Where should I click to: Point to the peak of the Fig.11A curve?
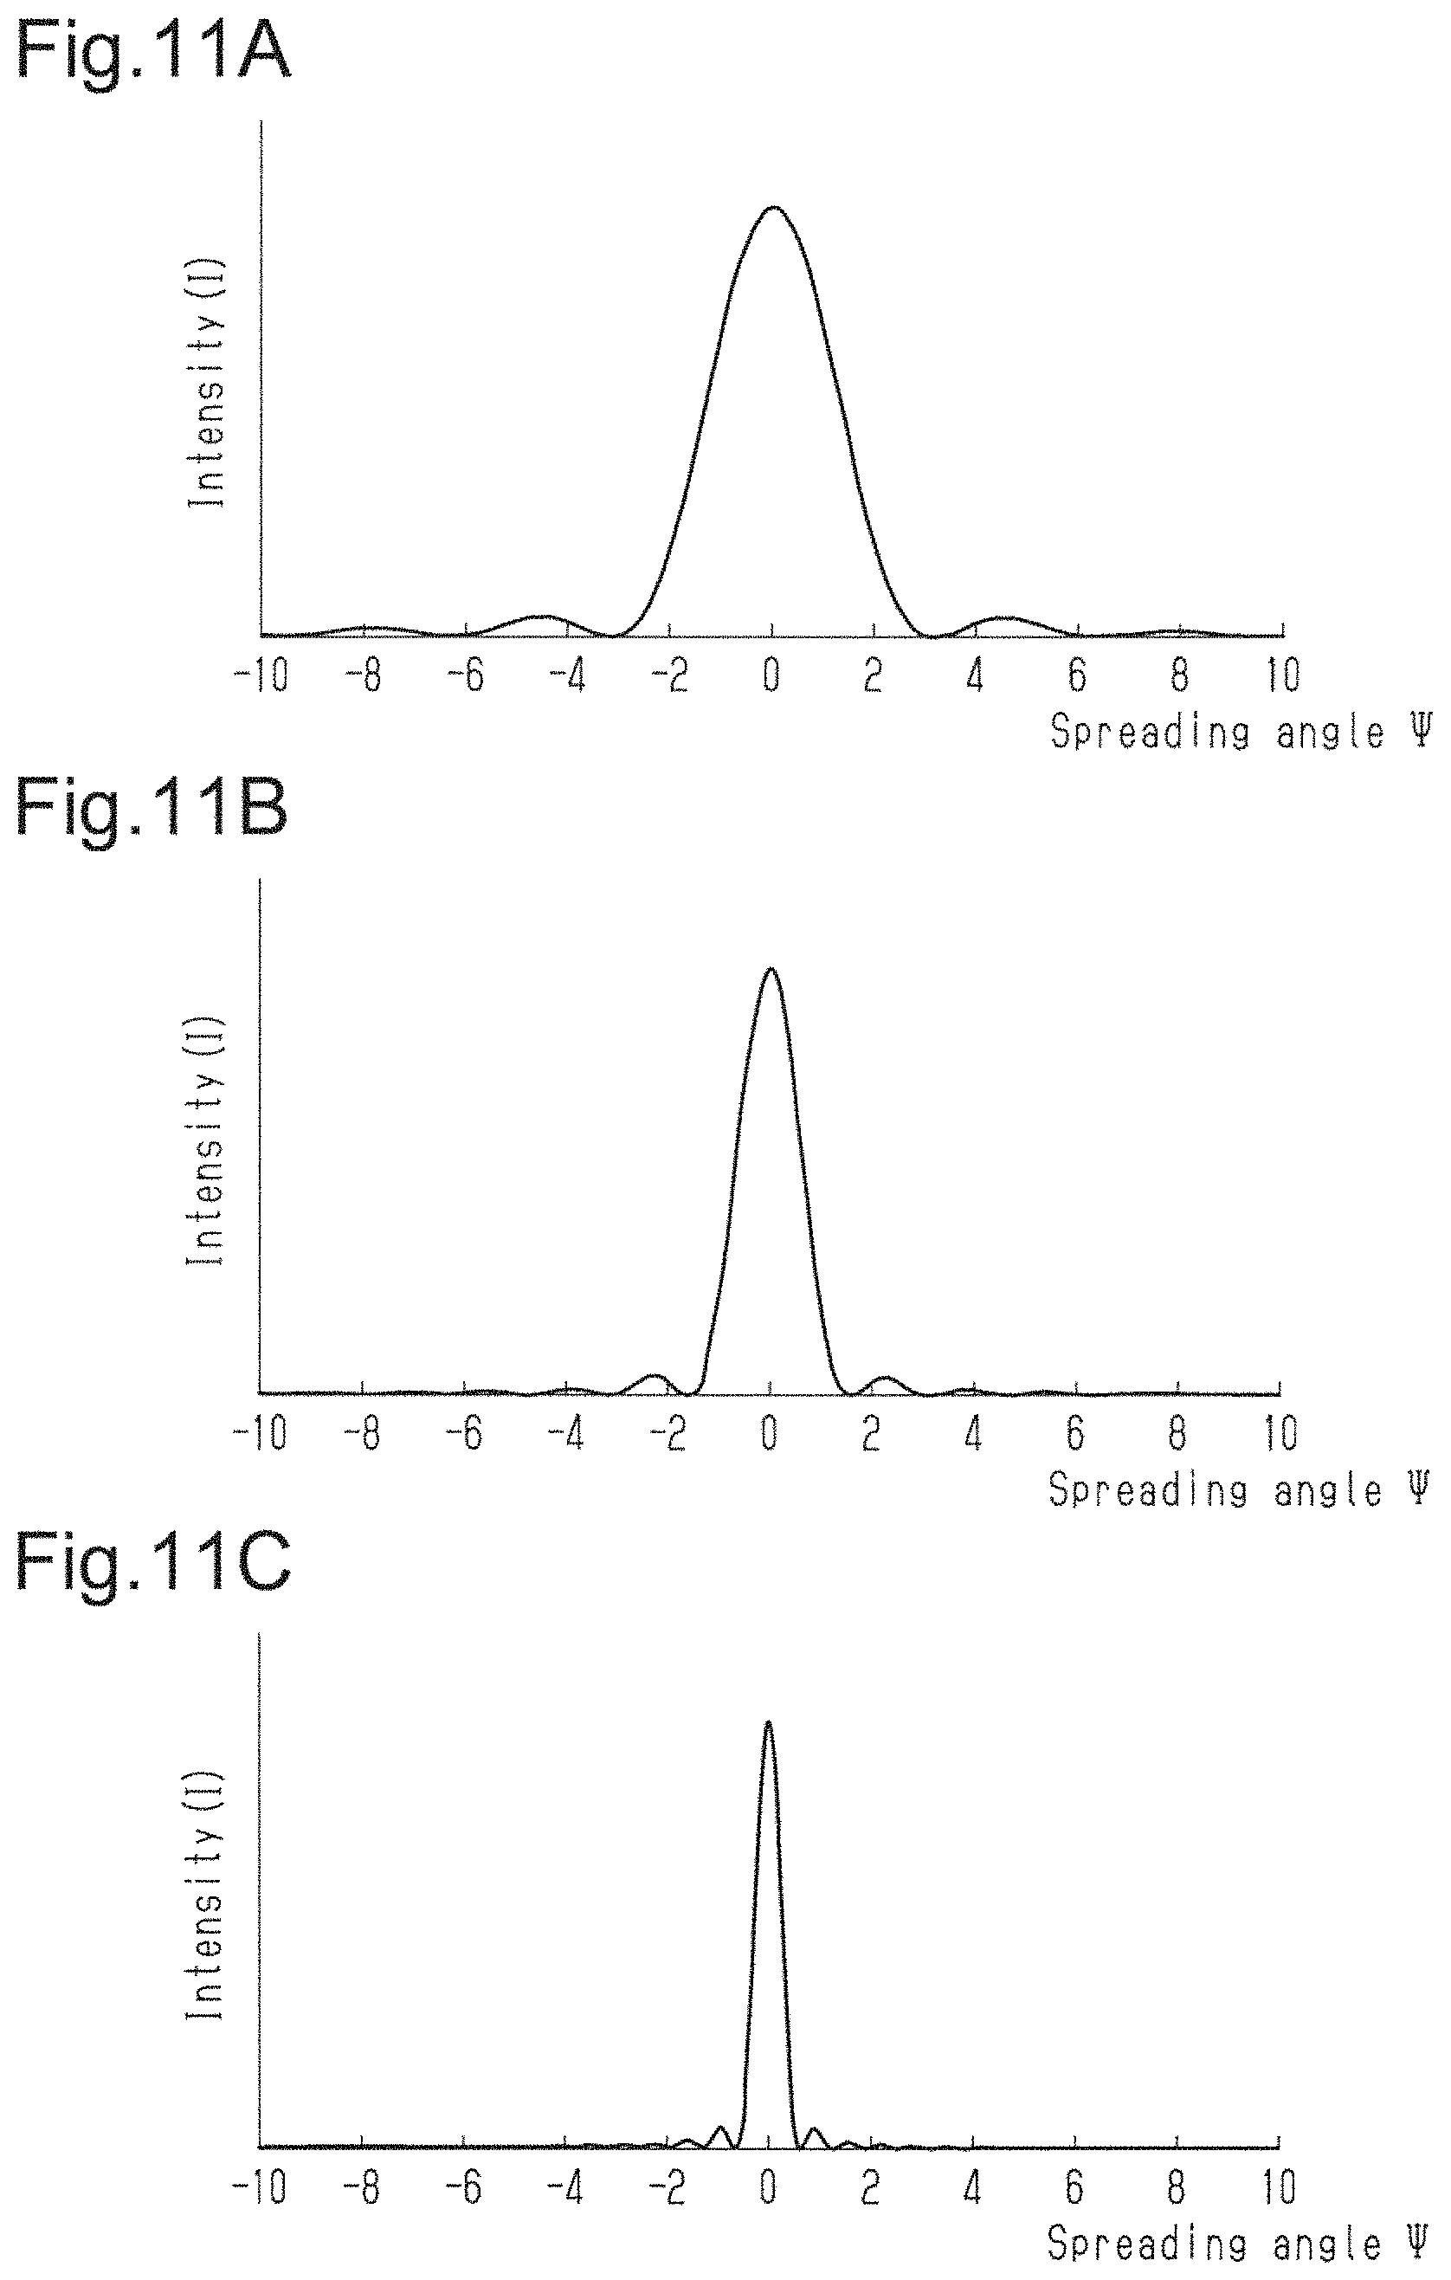(x=773, y=206)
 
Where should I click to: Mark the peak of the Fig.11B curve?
(x=771, y=969)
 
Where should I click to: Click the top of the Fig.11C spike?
(x=768, y=1721)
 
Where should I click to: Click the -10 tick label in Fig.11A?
(x=262, y=676)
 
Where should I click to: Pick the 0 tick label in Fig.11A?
(x=772, y=676)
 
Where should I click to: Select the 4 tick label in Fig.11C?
(x=973, y=2188)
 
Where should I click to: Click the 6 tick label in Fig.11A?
(x=1077, y=676)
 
